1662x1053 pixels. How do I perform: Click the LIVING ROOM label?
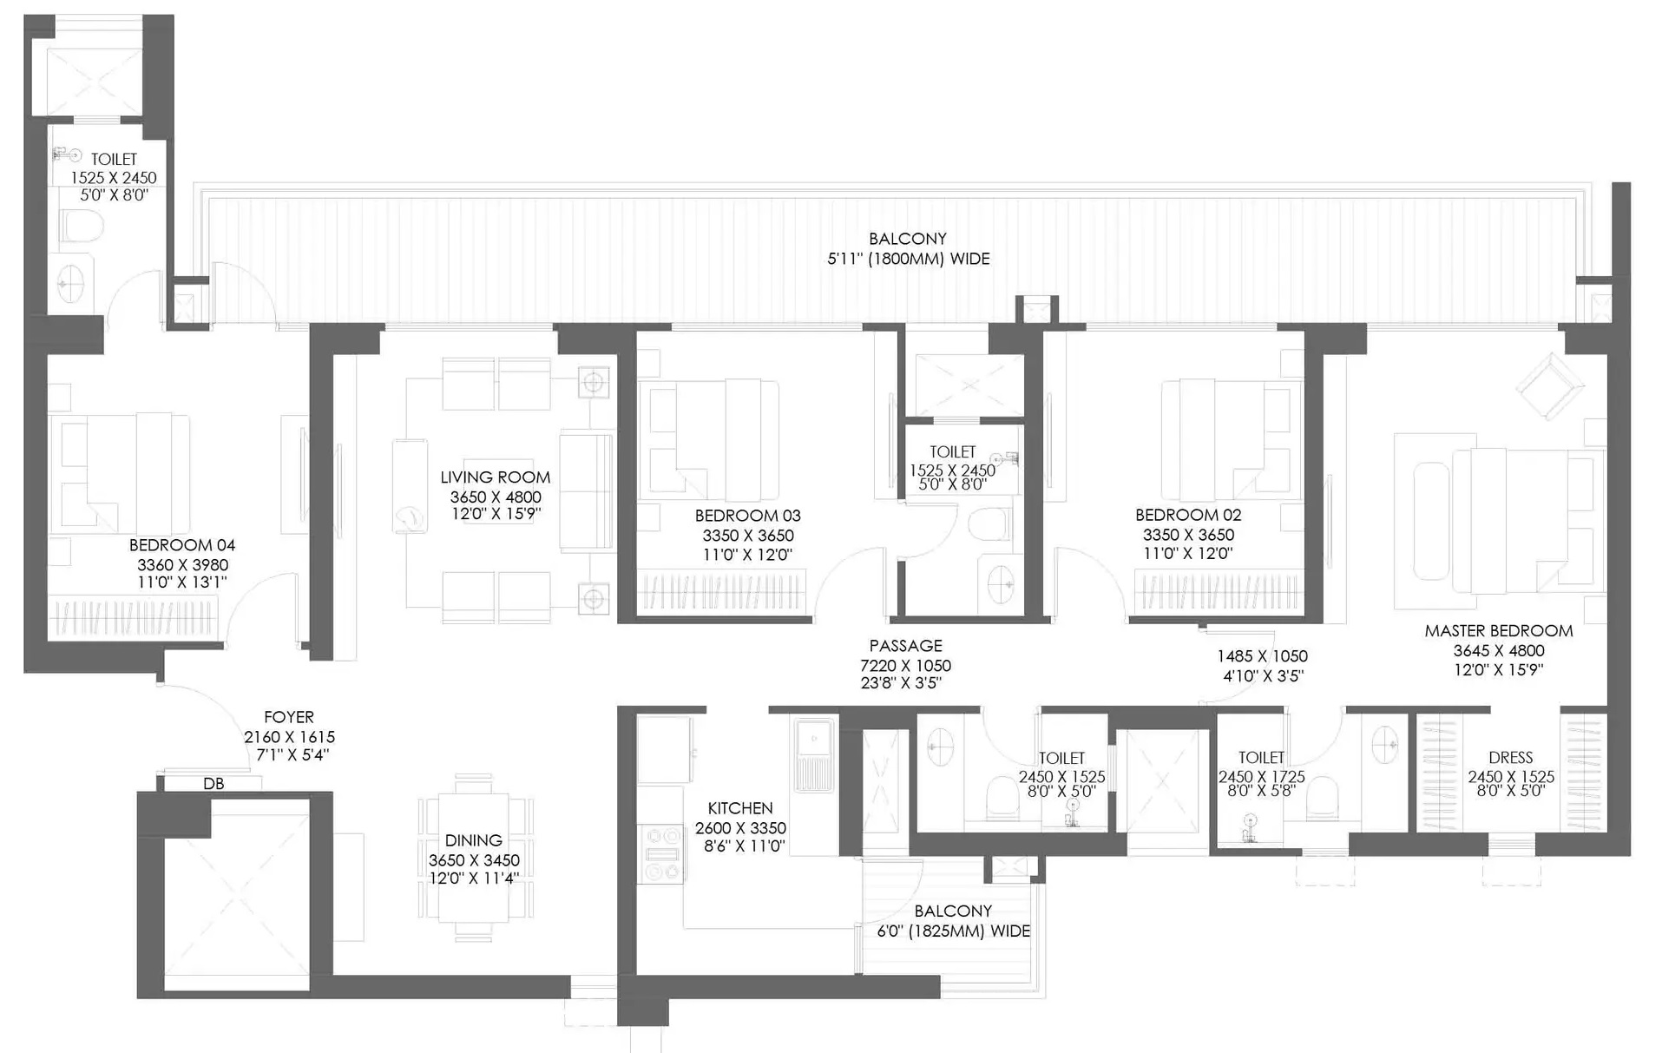pyautogui.click(x=495, y=477)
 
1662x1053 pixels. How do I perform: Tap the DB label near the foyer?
pyautogui.click(x=213, y=784)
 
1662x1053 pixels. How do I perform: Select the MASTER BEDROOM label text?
pyautogui.click(x=1499, y=631)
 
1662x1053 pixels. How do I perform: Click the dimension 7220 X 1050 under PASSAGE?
pyautogui.click(x=905, y=666)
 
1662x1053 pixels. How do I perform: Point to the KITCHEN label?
pyautogui.click(x=740, y=808)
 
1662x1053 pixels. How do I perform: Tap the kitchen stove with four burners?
pyautogui.click(x=662, y=854)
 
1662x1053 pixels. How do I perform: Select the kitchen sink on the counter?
pyautogui.click(x=813, y=755)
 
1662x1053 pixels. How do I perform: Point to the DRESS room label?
pyautogui.click(x=1510, y=758)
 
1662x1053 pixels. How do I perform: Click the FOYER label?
pyautogui.click(x=289, y=717)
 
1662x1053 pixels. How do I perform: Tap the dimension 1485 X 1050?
pyautogui.click(x=1262, y=657)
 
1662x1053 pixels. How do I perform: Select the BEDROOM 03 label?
pyautogui.click(x=747, y=516)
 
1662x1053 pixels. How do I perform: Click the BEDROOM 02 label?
pyautogui.click(x=1188, y=515)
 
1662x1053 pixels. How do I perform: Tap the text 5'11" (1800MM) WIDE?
pyautogui.click(x=909, y=259)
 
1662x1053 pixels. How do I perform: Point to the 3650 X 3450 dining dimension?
pyautogui.click(x=474, y=860)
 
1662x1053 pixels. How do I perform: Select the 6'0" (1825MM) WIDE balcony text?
pyautogui.click(x=953, y=931)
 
